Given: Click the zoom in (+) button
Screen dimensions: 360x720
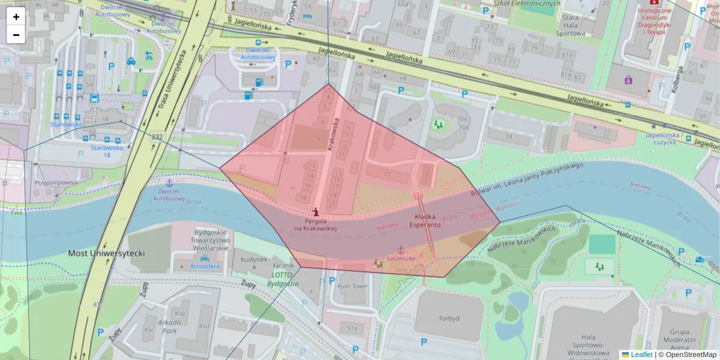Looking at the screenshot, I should pyautogui.click(x=16, y=17).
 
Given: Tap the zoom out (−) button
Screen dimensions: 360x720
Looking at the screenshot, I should pyautogui.click(x=16, y=35).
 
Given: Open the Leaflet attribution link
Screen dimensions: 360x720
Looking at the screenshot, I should pyautogui.click(x=641, y=355).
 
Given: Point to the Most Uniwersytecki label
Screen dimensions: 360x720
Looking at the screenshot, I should pyautogui.click(x=106, y=253).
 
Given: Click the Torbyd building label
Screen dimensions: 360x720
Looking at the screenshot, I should pyautogui.click(x=449, y=318).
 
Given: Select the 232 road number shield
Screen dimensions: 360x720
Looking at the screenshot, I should pyautogui.click(x=157, y=137).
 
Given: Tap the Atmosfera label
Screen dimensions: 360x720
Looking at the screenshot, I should pyautogui.click(x=205, y=266).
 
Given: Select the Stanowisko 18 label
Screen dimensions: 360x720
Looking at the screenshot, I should pyautogui.click(x=106, y=151).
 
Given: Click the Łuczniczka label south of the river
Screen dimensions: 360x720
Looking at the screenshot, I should pyautogui.click(x=401, y=259).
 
